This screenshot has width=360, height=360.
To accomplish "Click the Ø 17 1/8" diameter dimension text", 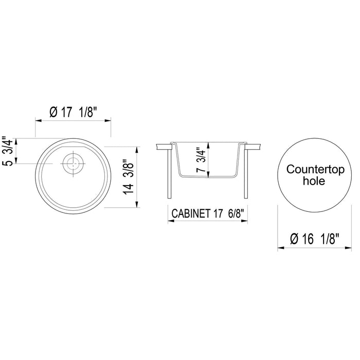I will [x=73, y=112].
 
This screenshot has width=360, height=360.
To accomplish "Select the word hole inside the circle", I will [x=314, y=181].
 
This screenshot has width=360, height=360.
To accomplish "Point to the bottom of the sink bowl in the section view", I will [x=208, y=177].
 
